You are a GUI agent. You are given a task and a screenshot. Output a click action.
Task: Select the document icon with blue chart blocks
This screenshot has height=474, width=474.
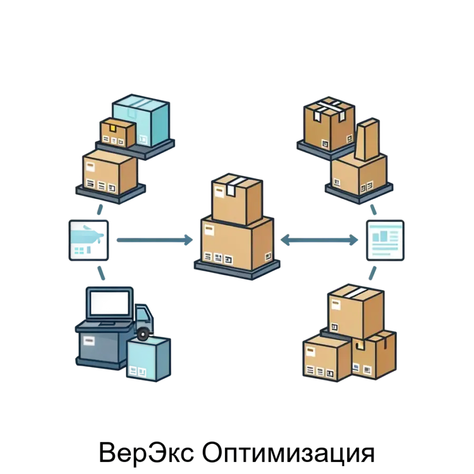385,240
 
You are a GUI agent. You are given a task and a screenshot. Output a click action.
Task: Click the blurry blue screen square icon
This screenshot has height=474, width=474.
91,241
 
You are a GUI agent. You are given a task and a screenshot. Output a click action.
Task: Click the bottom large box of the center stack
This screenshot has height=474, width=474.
237,243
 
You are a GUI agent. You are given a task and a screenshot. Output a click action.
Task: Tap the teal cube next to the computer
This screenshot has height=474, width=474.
149,358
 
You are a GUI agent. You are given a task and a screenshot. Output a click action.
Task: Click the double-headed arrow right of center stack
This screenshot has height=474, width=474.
319,241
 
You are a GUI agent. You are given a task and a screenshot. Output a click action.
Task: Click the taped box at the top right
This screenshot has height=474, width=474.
328,124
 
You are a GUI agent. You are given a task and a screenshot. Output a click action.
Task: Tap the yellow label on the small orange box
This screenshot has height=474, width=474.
112,127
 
